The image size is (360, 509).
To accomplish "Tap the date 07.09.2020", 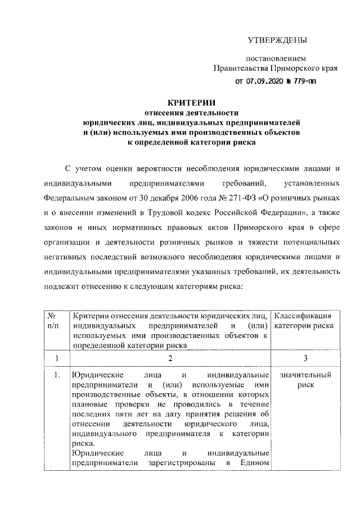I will pos(266,80).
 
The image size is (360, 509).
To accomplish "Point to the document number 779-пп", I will pos(304,80).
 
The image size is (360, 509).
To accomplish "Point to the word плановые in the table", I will pos(89,405).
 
